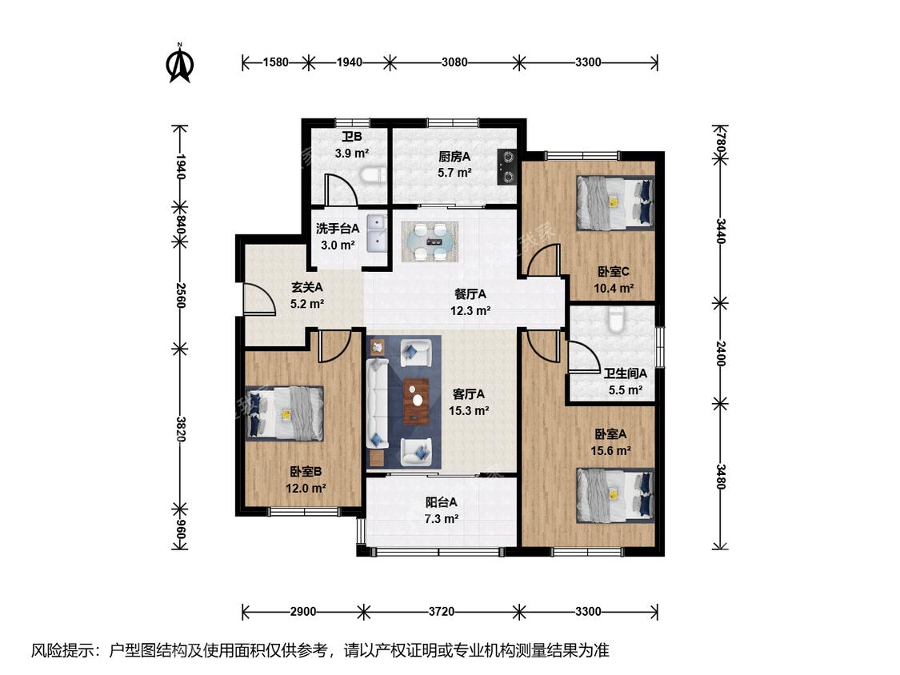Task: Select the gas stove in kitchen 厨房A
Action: [507, 167]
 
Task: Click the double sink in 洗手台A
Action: [377, 234]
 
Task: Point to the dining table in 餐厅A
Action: [430, 242]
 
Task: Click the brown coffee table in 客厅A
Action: [417, 401]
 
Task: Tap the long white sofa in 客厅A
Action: [378, 403]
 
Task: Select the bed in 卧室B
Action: [285, 413]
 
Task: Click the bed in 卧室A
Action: [615, 496]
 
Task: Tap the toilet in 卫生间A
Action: [616, 321]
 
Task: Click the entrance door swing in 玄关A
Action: [259, 299]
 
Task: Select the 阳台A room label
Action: [442, 502]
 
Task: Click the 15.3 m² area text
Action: [469, 411]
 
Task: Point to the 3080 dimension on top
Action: [454, 62]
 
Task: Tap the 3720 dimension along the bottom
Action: [441, 612]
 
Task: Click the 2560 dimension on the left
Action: [180, 295]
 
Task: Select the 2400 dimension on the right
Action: [720, 353]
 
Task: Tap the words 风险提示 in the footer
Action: [62, 650]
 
